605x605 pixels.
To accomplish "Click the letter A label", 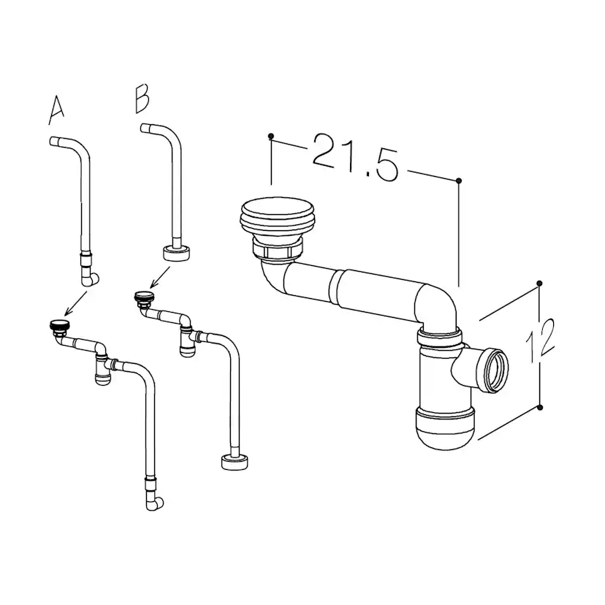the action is pyautogui.click(x=56, y=110).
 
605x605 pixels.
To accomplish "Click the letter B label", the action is pyautogui.click(x=142, y=99).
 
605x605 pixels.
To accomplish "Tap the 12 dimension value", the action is pyautogui.click(x=541, y=340).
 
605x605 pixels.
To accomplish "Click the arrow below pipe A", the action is pyautogui.click(x=76, y=303).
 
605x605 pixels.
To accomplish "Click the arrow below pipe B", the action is pyautogui.click(x=160, y=278).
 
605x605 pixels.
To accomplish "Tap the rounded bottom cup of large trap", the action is pyautogui.click(x=445, y=428).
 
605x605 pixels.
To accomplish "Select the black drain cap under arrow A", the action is pyautogui.click(x=59, y=325).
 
